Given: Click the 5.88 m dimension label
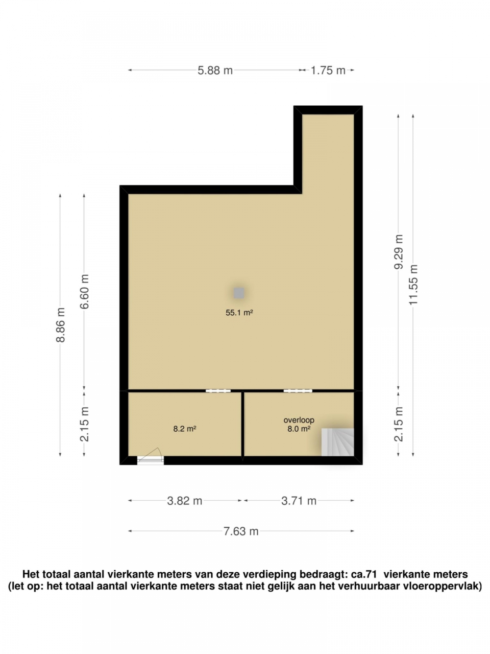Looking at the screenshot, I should [x=215, y=71].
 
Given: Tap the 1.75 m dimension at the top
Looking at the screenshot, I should [x=328, y=71].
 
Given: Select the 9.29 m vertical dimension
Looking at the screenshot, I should [x=399, y=251].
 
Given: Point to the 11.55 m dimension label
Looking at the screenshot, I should [x=413, y=284].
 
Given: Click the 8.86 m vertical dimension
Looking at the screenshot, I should [x=60, y=325].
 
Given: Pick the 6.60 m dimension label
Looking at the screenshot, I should [x=85, y=291].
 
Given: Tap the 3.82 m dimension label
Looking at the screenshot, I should [x=185, y=501].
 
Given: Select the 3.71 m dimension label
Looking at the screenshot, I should [x=299, y=501].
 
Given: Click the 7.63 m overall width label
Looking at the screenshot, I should [x=241, y=531].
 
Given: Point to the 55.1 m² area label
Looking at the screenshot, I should [x=239, y=313].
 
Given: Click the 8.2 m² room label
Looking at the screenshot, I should [x=185, y=429].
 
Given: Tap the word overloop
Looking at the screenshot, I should [x=299, y=420].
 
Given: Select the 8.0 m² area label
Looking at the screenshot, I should [x=299, y=429].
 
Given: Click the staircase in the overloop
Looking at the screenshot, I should [x=337, y=441].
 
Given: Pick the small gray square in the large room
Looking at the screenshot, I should [x=239, y=293].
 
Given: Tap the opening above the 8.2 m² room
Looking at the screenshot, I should [x=218, y=391].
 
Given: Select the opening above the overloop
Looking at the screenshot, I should [x=298, y=391].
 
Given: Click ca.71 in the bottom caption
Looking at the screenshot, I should [x=358, y=575].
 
